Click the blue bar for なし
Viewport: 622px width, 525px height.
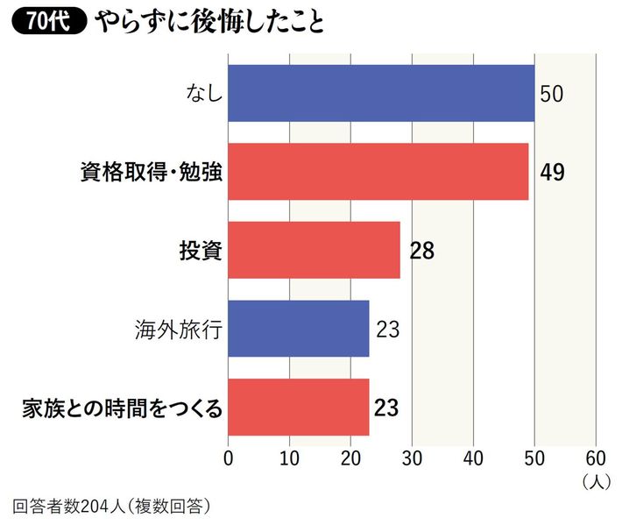tap(381, 93)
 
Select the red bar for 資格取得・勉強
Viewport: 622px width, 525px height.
tap(378, 172)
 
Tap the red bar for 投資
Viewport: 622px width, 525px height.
tap(314, 250)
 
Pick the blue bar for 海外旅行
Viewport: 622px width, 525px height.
tap(299, 329)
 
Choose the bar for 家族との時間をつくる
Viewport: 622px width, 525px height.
tap(299, 407)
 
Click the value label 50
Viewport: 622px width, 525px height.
tap(551, 94)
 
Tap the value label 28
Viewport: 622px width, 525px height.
tap(421, 251)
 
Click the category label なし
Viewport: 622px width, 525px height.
tap(201, 94)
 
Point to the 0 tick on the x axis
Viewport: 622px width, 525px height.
tap(229, 457)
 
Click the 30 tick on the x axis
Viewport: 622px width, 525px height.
tap(412, 457)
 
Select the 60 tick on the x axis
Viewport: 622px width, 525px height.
tap(596, 457)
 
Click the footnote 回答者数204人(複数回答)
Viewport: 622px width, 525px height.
tap(112, 506)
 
